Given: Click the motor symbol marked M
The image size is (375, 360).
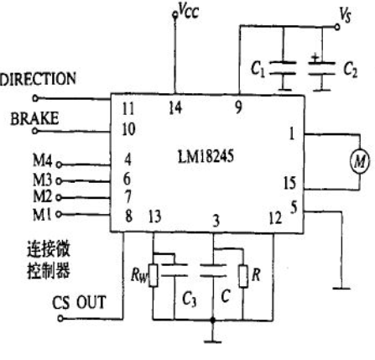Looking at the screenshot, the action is (x=360, y=161).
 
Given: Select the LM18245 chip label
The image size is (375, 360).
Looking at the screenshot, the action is (x=206, y=157).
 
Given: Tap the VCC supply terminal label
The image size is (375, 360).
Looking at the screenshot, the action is (x=189, y=11).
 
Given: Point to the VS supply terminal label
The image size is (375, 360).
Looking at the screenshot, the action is (x=345, y=15).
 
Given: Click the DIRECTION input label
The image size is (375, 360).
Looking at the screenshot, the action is (x=38, y=79).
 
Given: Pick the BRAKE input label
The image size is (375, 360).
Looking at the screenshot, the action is (x=34, y=118).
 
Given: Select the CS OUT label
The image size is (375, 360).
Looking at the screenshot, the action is (x=80, y=302).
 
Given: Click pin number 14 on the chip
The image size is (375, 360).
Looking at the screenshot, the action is (x=175, y=107).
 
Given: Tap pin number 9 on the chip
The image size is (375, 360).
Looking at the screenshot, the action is (x=238, y=107).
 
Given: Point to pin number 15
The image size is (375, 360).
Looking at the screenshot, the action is (x=289, y=183).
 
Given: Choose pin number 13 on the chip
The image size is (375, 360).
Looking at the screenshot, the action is (x=154, y=217).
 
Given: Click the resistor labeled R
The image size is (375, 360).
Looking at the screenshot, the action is (x=243, y=276).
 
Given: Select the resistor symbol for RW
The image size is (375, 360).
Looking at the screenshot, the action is (x=153, y=275).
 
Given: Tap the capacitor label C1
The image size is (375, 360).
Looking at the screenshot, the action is (x=258, y=69).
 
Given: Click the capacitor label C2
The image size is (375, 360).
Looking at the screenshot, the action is (x=351, y=70).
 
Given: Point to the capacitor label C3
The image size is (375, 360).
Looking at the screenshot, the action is (x=189, y=300).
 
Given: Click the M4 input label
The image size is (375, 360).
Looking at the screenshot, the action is (x=43, y=160).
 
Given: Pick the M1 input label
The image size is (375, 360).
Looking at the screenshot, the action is (x=42, y=215).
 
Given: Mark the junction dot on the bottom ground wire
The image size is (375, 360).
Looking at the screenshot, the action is (x=212, y=320).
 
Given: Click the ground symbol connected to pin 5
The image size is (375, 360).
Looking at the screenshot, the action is (x=341, y=288).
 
